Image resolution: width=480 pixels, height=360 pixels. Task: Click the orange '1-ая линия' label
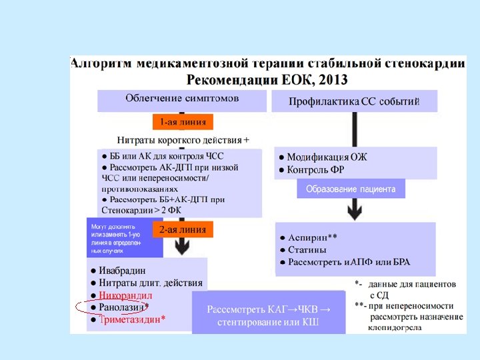click(183, 122)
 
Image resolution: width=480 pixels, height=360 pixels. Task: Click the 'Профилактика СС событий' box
click(354, 101)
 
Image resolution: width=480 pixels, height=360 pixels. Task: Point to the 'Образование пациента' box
click(351, 189)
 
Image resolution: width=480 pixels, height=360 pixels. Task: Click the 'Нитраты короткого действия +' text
click(183, 140)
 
